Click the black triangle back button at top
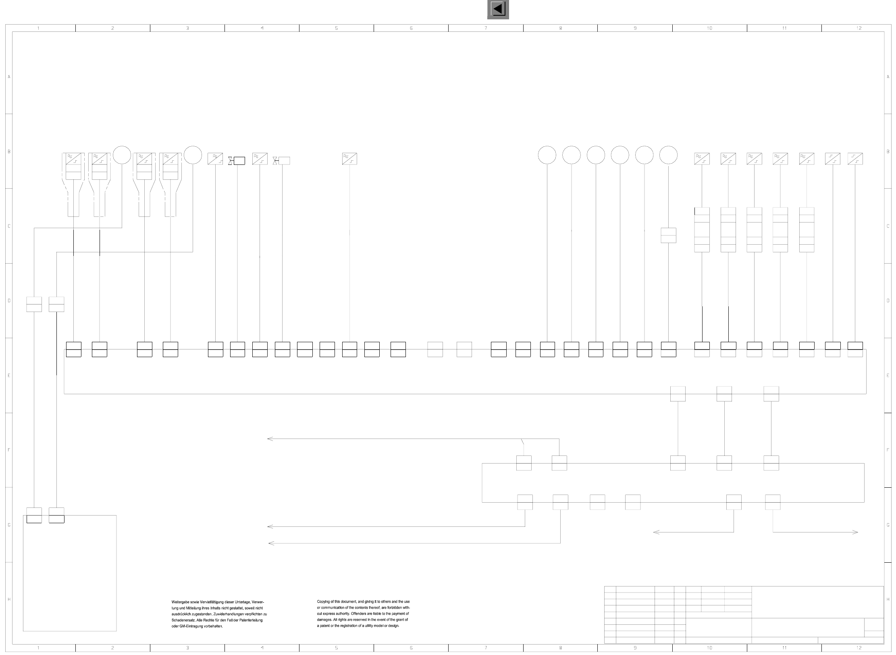pyautogui.click(x=498, y=9)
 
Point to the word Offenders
pyautogui.click(x=360, y=613)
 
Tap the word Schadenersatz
pyautogui.click(x=183, y=620)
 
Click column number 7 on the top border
pyautogui.click(x=486, y=28)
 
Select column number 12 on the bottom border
pyautogui.click(x=859, y=648)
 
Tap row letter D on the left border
pyautogui.click(x=9, y=301)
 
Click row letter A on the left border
pyautogui.click(x=9, y=77)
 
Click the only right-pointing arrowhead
pyautogui.click(x=856, y=532)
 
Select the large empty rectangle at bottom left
pyautogui.click(x=70, y=573)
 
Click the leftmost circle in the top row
pyautogui.click(x=122, y=155)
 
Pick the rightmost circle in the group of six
pyautogui.click(x=668, y=155)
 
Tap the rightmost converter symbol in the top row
pyautogui.click(x=855, y=159)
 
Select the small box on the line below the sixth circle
pyautogui.click(x=668, y=235)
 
